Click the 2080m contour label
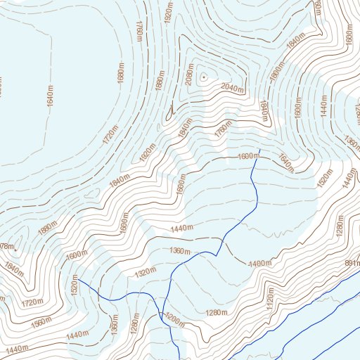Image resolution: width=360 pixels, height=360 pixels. pyautogui.click(x=188, y=75)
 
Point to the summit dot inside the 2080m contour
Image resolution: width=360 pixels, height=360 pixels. pyautogui.click(x=203, y=76)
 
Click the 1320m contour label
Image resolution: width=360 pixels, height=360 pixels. pyautogui.click(x=146, y=272)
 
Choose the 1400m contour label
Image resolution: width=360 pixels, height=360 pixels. pyautogui.click(x=259, y=263)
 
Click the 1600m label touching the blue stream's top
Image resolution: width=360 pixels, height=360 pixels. pyautogui.click(x=248, y=156)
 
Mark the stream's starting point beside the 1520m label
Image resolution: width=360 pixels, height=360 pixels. pyautogui.click(x=78, y=279)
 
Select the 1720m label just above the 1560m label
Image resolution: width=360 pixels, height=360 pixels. pyautogui.click(x=33, y=302)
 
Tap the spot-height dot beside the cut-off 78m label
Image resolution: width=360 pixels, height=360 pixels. pyautogui.click(x=15, y=247)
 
